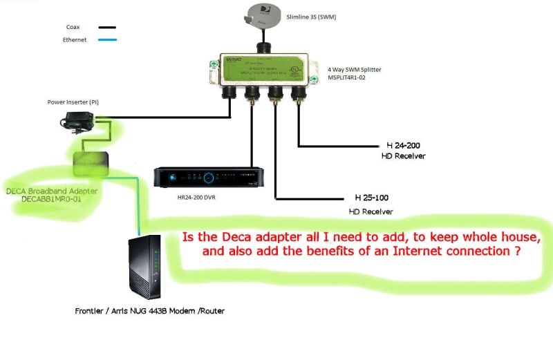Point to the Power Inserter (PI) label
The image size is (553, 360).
pos(73,102)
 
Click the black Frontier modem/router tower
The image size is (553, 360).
pos(145,267)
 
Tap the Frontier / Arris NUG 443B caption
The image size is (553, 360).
pos(149,311)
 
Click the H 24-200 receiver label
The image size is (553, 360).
pos(403,146)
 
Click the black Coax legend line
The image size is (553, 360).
pos(107,28)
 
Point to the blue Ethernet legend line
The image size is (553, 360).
pos(107,40)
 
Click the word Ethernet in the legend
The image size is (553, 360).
pos(76,40)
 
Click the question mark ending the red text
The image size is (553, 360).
pos(517,252)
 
